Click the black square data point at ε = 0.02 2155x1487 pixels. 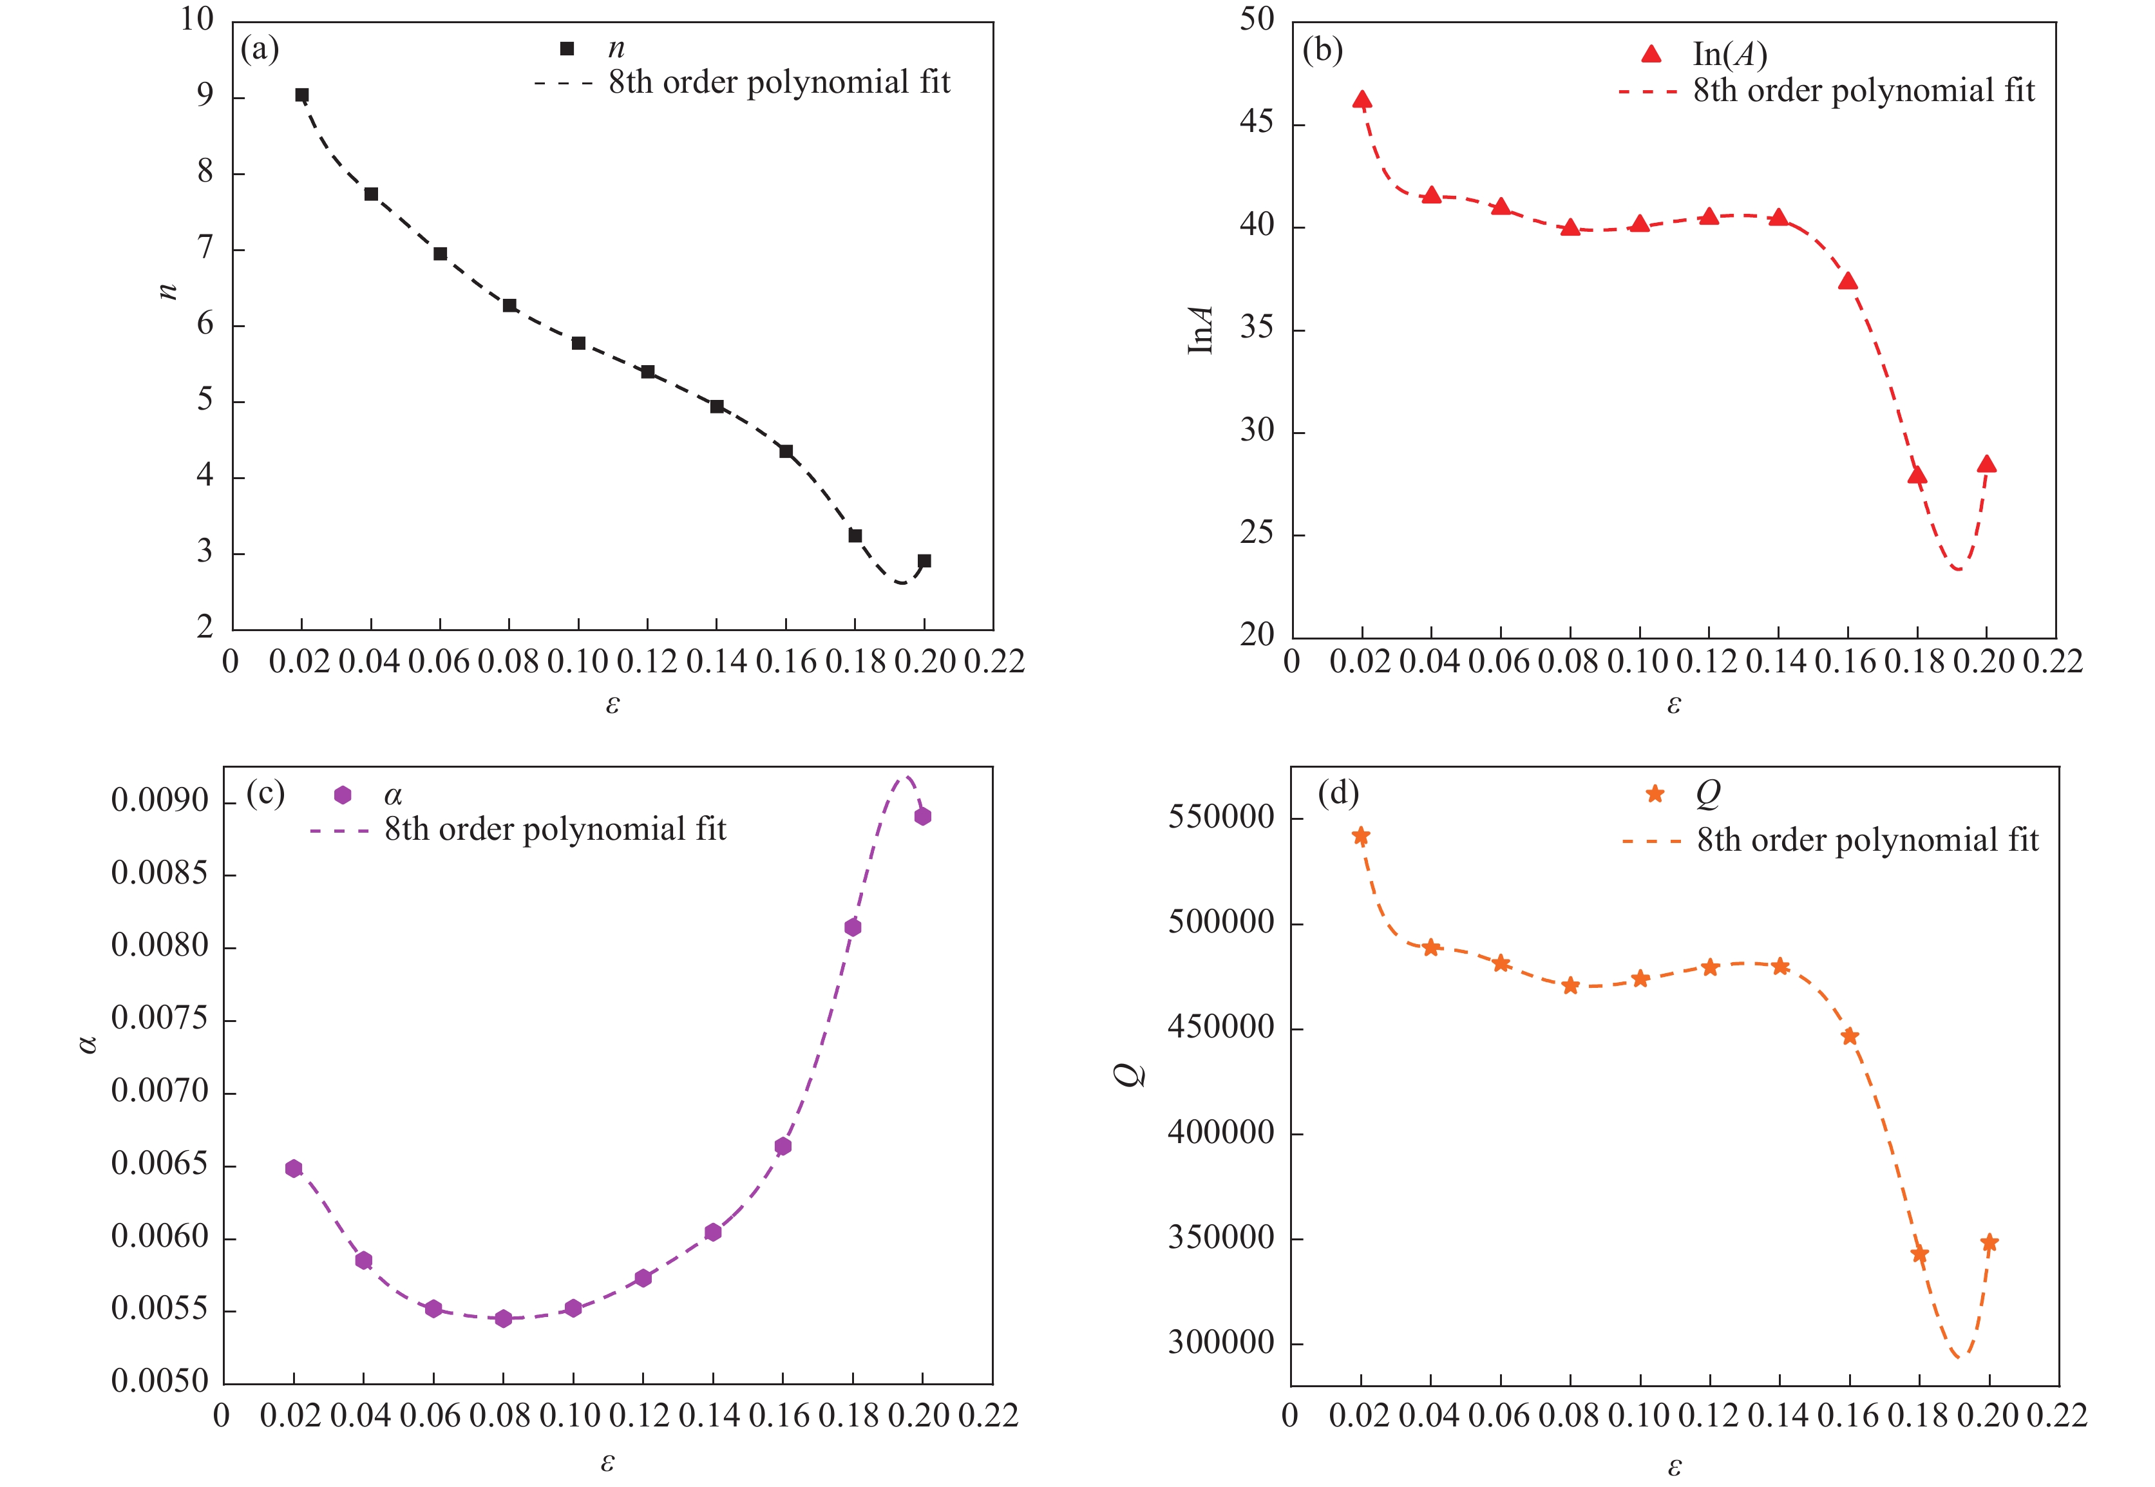point(302,95)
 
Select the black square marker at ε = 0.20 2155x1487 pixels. point(924,561)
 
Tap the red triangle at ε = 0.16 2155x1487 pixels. point(1848,281)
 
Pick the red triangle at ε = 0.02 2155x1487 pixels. point(1362,100)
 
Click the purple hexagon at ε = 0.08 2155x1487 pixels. point(503,1318)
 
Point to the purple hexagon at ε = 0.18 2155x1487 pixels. point(853,927)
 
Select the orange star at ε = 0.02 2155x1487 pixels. point(1361,837)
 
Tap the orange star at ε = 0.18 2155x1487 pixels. point(1919,1254)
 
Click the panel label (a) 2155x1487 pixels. point(260,48)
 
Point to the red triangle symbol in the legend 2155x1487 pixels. point(1651,54)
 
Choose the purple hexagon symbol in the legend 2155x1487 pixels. point(343,795)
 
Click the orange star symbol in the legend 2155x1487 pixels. point(1655,794)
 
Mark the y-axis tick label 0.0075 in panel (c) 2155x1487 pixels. point(160,1018)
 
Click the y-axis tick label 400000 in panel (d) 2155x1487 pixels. point(1220,1132)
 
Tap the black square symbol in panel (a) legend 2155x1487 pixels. point(567,48)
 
